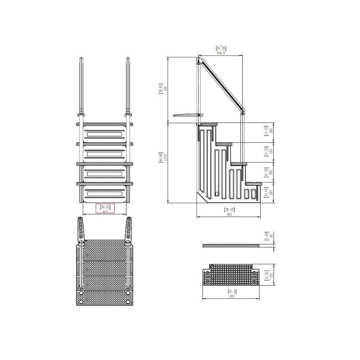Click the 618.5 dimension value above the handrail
point(220,53)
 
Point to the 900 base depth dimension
point(229,214)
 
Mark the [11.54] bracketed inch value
point(265,192)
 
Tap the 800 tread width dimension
point(232,296)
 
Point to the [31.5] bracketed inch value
point(232,292)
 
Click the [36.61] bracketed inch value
point(161,89)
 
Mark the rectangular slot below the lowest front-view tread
point(104,194)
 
